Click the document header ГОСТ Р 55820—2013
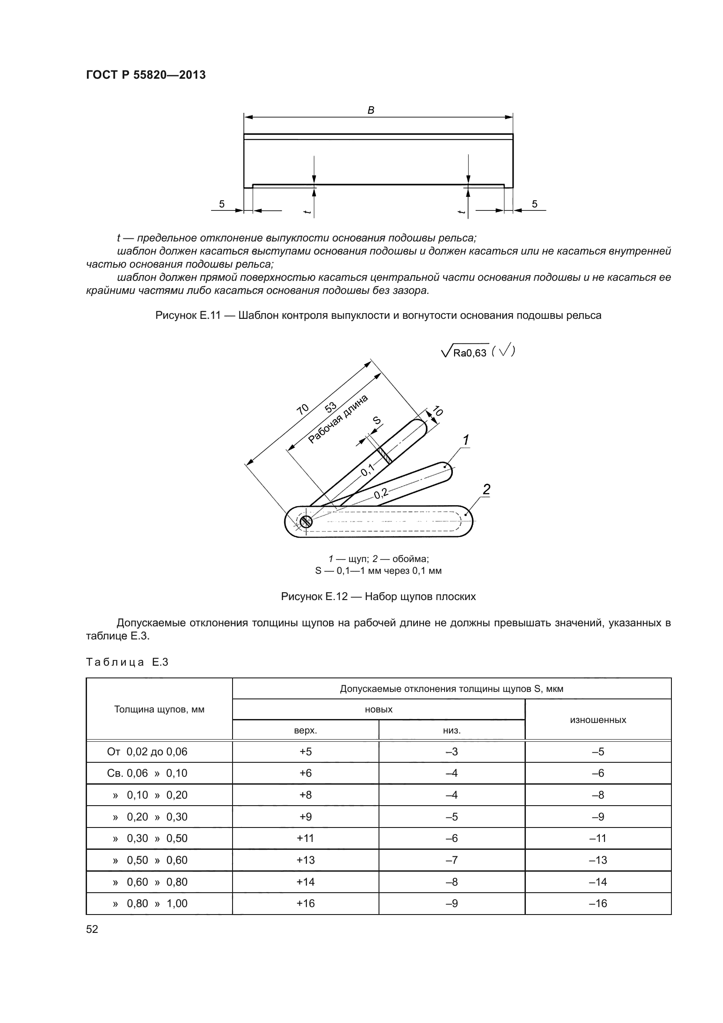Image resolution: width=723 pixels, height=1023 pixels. [x=146, y=75]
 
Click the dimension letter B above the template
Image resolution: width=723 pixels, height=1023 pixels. [x=371, y=110]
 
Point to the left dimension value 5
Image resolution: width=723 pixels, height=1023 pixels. [x=222, y=204]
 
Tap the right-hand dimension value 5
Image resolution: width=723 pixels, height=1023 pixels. [x=535, y=204]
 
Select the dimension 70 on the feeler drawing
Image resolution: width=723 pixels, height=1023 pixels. [x=303, y=409]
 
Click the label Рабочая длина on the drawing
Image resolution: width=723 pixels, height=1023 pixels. [x=338, y=419]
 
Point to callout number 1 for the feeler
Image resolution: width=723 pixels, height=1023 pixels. [x=466, y=441]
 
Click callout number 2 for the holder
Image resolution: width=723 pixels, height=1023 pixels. [x=486, y=489]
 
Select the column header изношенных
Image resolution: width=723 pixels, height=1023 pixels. [x=598, y=719]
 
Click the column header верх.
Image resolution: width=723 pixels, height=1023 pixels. [x=306, y=730]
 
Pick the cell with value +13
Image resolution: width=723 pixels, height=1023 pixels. [x=306, y=860]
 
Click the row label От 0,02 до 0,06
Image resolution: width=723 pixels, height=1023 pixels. [x=147, y=752]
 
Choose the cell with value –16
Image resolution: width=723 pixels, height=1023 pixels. [x=598, y=903]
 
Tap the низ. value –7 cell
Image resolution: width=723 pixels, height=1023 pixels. [x=452, y=860]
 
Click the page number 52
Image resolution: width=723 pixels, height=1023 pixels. [x=92, y=929]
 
